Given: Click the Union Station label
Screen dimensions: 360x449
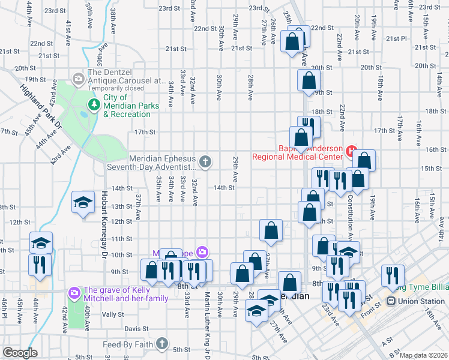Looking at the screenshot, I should (x=419, y=301).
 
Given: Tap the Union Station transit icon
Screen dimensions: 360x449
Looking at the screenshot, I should (x=391, y=301).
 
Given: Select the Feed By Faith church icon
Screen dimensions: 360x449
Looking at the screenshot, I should (x=161, y=343).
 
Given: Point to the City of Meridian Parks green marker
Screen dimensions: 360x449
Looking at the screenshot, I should (x=94, y=105).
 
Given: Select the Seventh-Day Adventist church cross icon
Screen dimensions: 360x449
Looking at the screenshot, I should (x=205, y=161).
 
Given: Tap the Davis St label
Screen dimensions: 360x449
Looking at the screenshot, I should (x=136, y=329).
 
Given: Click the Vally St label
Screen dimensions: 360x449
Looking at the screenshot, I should (x=112, y=314).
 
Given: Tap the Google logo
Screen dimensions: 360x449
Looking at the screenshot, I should (x=20, y=353).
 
